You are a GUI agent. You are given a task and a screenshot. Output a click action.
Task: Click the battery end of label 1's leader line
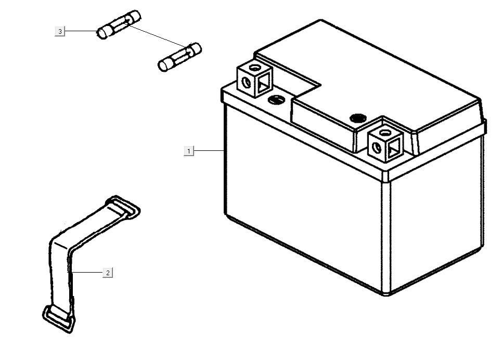click(224, 150)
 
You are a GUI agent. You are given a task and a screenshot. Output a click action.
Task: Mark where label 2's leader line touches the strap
click(72, 273)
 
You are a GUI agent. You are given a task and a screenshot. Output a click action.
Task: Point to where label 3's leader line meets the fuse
click(97, 31)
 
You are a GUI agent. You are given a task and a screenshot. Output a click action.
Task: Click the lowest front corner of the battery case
click(387, 295)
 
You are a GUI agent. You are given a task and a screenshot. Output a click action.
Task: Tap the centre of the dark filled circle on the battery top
click(357, 118)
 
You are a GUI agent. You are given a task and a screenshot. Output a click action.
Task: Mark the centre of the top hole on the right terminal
click(383, 132)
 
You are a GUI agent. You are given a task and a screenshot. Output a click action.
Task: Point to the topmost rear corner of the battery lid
click(321, 20)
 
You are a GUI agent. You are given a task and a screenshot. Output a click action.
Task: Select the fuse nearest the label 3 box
click(119, 24)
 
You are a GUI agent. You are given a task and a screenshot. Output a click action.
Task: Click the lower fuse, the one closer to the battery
click(179, 57)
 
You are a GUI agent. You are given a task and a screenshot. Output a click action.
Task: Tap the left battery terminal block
click(255, 80)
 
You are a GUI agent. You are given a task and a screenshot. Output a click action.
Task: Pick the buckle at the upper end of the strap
click(123, 208)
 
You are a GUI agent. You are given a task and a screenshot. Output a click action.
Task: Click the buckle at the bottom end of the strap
click(59, 319)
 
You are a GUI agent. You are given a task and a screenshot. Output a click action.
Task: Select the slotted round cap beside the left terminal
click(276, 99)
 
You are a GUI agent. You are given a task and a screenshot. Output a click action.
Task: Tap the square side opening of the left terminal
click(264, 82)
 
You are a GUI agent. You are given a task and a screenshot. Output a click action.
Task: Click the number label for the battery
click(189, 151)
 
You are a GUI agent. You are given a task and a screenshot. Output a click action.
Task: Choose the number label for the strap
click(108, 273)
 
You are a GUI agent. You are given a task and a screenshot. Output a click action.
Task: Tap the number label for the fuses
click(60, 31)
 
